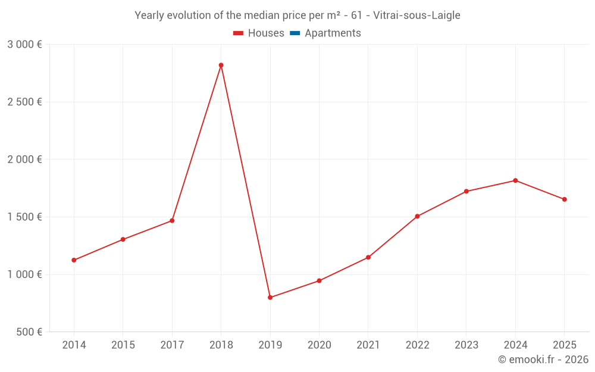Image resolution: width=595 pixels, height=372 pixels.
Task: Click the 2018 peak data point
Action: coord(221,65)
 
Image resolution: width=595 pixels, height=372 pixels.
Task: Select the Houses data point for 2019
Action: coord(270,297)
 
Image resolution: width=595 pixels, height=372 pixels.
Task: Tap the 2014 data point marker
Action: coord(74,260)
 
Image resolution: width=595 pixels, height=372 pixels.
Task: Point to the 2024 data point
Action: coord(515,180)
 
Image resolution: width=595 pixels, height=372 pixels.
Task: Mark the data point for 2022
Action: coord(417,216)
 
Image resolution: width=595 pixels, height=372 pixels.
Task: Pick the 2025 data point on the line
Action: coord(564,199)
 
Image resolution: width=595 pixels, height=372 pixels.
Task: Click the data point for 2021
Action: coord(368,257)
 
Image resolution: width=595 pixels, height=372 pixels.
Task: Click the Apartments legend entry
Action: coord(333,33)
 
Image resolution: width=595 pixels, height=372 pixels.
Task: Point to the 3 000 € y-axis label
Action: coord(24,45)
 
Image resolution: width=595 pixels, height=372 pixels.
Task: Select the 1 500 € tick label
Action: coord(24,217)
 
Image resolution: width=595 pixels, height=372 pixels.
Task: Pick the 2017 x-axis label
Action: coord(172,345)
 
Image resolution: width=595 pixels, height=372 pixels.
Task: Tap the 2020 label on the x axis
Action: coord(319,345)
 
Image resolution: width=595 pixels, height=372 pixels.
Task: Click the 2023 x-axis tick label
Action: coord(466,345)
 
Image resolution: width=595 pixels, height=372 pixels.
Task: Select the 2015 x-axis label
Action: coord(123,345)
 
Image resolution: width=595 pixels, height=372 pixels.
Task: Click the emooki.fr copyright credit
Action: coord(543,360)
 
